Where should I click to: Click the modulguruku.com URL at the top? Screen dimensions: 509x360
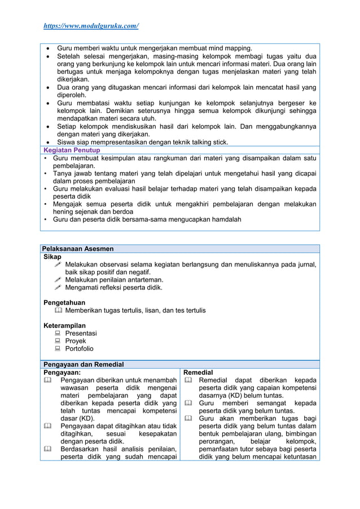(x=91, y=26)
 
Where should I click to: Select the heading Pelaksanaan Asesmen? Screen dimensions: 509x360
(x=78, y=248)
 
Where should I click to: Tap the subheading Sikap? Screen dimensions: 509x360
(x=52, y=257)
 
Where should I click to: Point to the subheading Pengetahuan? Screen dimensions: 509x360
(x=64, y=302)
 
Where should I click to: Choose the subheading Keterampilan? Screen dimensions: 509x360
(x=65, y=326)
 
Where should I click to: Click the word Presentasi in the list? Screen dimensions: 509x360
(x=81, y=334)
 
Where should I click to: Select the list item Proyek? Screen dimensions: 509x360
(x=76, y=341)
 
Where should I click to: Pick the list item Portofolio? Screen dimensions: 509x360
(x=80, y=349)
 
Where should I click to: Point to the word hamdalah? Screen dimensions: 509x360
(x=222, y=220)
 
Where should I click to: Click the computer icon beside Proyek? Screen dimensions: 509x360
(x=58, y=341)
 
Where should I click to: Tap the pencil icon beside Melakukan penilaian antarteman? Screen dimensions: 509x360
(x=58, y=280)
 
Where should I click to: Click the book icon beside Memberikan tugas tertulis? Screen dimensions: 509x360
(x=58, y=310)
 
